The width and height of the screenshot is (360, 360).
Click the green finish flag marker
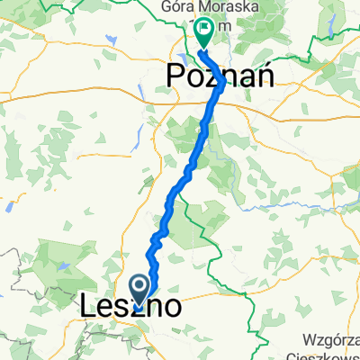204,32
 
